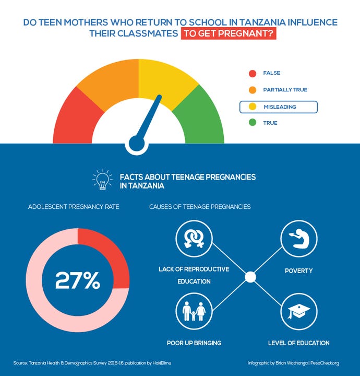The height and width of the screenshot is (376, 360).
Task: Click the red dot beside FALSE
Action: coord(253,73)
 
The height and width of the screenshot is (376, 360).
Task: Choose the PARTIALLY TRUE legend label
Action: coord(285,90)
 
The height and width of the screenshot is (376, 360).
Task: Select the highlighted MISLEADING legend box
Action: coord(278,107)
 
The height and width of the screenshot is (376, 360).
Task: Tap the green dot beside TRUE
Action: coord(253,123)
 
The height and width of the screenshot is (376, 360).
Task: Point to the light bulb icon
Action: coord(102,180)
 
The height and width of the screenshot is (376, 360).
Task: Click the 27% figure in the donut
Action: coord(78,281)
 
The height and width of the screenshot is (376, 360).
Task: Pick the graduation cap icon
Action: coord(299,312)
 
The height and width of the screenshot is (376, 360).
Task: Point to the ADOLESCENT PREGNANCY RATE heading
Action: coord(74,207)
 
